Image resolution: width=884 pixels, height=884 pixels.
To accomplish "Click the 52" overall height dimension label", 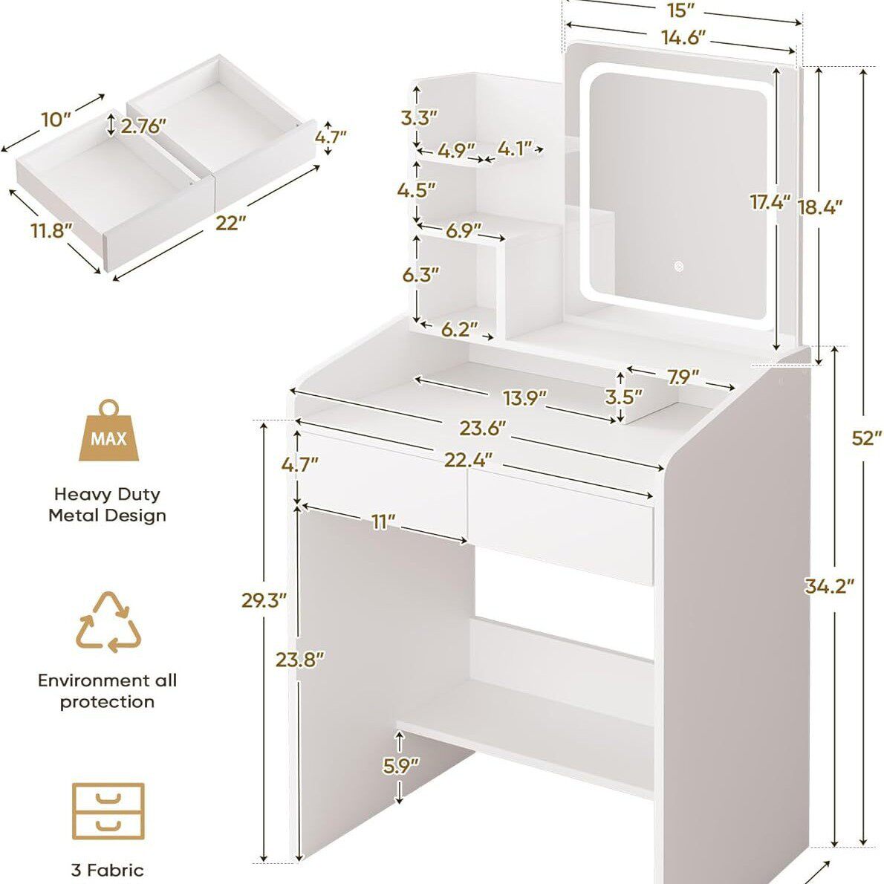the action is (866, 438).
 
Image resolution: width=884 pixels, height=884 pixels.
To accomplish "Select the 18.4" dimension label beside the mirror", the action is (819, 207).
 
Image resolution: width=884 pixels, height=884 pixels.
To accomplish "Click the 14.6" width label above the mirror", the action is (683, 37).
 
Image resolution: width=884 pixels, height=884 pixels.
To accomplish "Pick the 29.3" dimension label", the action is (264, 600).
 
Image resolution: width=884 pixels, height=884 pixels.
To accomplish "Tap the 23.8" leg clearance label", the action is (300, 659).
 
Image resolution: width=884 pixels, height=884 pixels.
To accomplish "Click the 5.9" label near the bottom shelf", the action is (401, 765).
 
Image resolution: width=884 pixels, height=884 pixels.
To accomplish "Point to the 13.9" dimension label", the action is (525, 398).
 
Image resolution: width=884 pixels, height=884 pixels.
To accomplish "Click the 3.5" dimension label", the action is (623, 397).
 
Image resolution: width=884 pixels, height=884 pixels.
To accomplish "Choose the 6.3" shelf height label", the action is (420, 275).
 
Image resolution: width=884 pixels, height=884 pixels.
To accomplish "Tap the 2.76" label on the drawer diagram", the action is (144, 126).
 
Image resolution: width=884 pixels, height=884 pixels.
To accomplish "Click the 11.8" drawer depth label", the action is (51, 230).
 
